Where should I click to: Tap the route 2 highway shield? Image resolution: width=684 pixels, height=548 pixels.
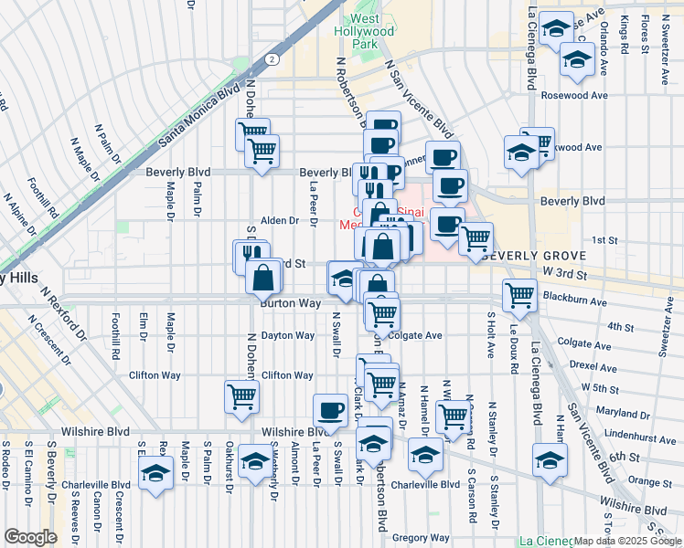272,58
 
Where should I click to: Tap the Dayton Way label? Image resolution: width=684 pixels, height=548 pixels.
287,336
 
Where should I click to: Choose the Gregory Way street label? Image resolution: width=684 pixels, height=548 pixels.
421,538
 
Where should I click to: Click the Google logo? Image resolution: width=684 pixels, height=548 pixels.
29,537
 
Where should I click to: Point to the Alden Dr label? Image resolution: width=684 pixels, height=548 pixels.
280,221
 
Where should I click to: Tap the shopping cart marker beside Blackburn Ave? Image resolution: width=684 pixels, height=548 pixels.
519,294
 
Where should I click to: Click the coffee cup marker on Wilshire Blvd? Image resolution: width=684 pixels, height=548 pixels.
329,409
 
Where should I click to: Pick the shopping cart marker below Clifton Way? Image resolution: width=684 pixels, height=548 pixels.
241,395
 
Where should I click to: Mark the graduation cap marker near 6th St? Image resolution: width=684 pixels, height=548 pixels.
549,458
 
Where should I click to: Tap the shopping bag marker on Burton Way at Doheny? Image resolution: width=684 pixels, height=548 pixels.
262,277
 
